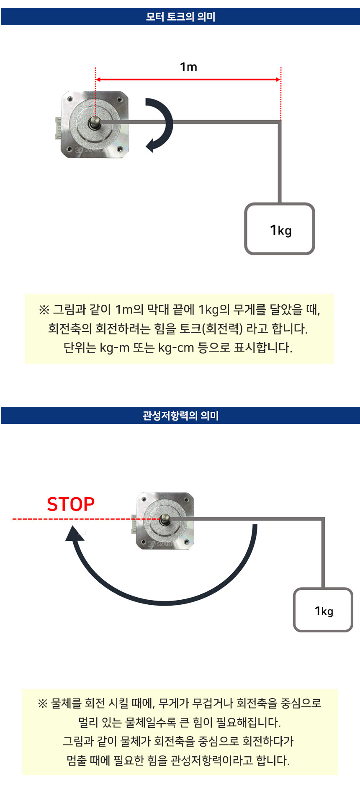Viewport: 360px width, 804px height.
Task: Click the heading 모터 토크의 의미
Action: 180,17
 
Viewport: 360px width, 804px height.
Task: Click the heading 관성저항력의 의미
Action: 180,416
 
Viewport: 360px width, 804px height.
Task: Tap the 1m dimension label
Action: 188,67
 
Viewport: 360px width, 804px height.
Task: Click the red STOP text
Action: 71,504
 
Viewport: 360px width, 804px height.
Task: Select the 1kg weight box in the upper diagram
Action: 280,229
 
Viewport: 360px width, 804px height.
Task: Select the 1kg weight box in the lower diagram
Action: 323,610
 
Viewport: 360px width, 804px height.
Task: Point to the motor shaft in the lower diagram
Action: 165,519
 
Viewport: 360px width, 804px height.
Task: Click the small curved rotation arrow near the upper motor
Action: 170,124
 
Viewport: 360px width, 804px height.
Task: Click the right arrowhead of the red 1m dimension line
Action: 278,80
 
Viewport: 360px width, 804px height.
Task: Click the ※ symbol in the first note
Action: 44,310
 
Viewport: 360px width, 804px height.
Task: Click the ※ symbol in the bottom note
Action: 43,704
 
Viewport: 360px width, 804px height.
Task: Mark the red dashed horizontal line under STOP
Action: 86,519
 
